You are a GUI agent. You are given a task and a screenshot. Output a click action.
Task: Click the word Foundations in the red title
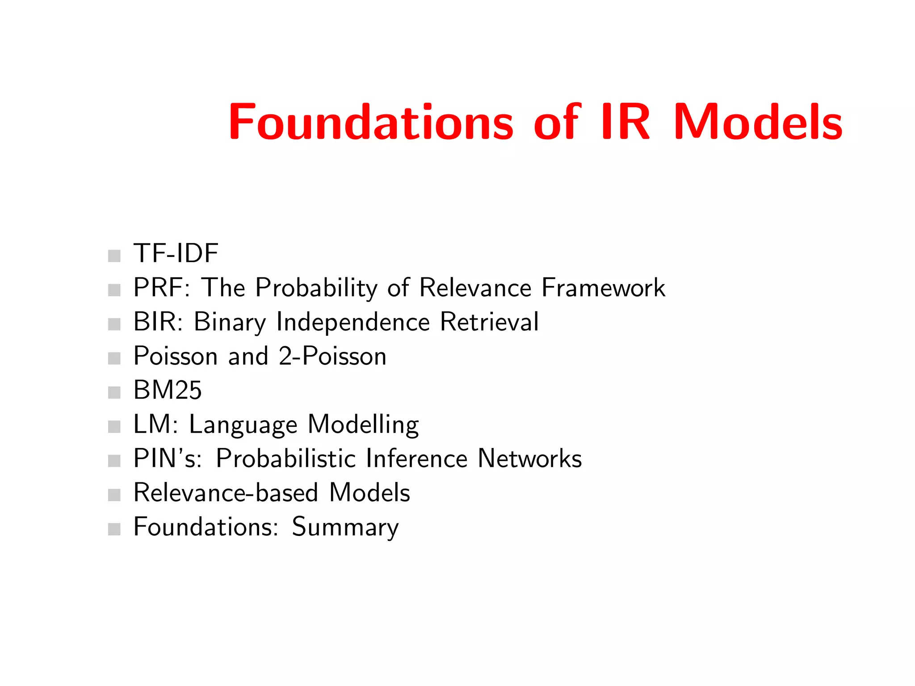click(371, 122)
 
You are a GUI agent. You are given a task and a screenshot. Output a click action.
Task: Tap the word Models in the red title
click(758, 122)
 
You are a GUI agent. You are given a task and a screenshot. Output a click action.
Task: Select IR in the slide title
click(625, 122)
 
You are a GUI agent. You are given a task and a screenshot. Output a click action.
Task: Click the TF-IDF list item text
click(176, 253)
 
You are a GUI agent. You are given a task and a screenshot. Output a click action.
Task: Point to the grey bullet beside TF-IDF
click(114, 256)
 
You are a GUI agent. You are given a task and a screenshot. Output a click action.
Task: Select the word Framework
click(603, 287)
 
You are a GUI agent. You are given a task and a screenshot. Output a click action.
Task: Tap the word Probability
click(316, 288)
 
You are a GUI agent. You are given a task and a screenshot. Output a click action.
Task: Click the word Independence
click(353, 322)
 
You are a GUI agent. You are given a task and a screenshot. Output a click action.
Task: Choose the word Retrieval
click(489, 322)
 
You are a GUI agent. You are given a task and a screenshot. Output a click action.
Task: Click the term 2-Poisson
click(332, 356)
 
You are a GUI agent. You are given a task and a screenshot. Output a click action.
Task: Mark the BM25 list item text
click(168, 390)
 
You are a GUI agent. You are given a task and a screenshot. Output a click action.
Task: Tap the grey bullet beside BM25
click(114, 393)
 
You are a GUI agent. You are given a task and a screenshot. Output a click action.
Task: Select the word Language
click(243, 425)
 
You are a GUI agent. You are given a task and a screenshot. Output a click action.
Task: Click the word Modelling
click(363, 425)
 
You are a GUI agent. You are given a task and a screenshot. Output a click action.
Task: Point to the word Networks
click(529, 458)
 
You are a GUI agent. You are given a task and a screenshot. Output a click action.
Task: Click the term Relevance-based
click(226, 493)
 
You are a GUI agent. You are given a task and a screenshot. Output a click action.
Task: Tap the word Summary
click(345, 527)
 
